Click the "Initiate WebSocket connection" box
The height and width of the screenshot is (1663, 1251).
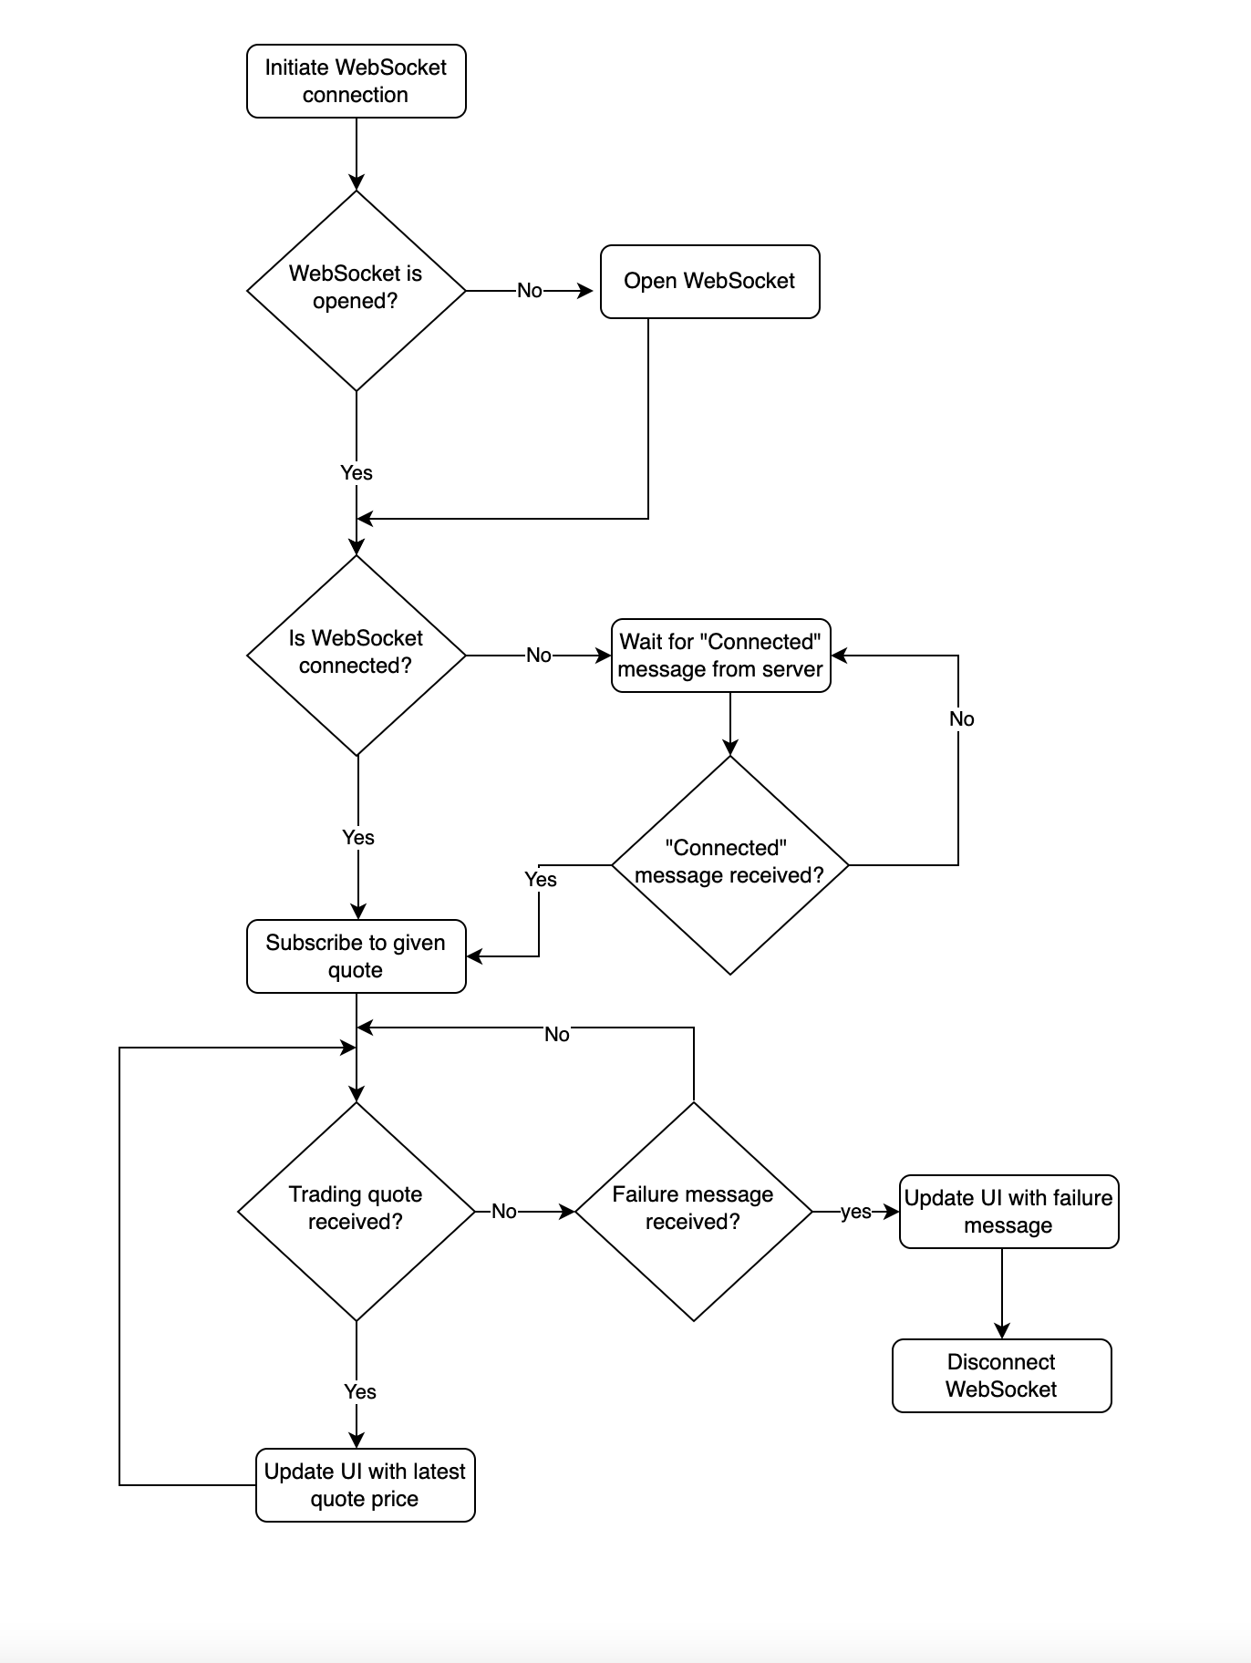coord(356,81)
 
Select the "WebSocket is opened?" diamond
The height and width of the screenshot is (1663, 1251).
coord(356,291)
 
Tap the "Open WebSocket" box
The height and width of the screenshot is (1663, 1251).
coord(709,282)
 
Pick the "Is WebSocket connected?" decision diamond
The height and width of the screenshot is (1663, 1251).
coord(356,656)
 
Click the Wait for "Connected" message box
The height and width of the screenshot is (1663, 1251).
coord(720,656)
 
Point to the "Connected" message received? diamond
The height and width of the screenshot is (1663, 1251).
coord(729,865)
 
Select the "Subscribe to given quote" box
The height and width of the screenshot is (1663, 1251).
coord(356,956)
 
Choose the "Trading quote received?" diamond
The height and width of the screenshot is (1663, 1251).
coord(356,1212)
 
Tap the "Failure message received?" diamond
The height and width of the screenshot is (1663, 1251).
coord(693,1212)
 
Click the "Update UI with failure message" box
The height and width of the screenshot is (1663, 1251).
coord(1008,1212)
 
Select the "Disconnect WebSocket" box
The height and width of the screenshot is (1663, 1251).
coord(1001,1376)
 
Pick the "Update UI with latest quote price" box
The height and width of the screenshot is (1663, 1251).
coord(365,1485)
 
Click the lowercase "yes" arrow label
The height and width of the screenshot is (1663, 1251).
coord(855,1212)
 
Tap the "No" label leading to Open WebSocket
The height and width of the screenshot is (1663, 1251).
coord(529,291)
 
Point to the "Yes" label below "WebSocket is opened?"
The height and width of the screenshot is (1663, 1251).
coord(357,472)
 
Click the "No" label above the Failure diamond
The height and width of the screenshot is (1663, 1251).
coord(556,1034)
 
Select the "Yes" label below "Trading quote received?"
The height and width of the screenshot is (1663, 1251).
coord(360,1391)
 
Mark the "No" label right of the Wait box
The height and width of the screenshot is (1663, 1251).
coord(961,719)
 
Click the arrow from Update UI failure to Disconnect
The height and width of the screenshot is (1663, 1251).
coord(1001,1294)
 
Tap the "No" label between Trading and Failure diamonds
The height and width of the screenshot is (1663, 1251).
coord(503,1212)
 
